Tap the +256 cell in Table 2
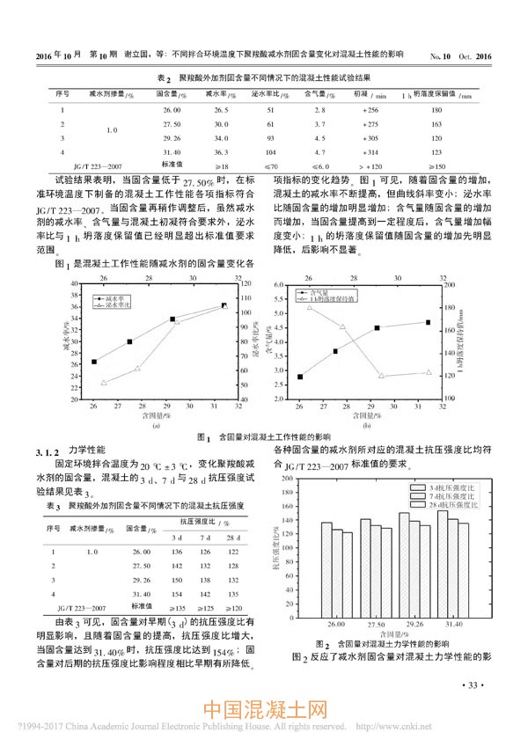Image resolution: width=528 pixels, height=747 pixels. (369, 109)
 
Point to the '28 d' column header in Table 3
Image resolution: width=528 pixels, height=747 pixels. (233, 538)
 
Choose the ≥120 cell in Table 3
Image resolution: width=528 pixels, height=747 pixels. (233, 608)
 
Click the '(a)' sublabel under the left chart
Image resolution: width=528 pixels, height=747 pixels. (156, 424)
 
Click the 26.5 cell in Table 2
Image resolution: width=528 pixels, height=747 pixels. (221, 109)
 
